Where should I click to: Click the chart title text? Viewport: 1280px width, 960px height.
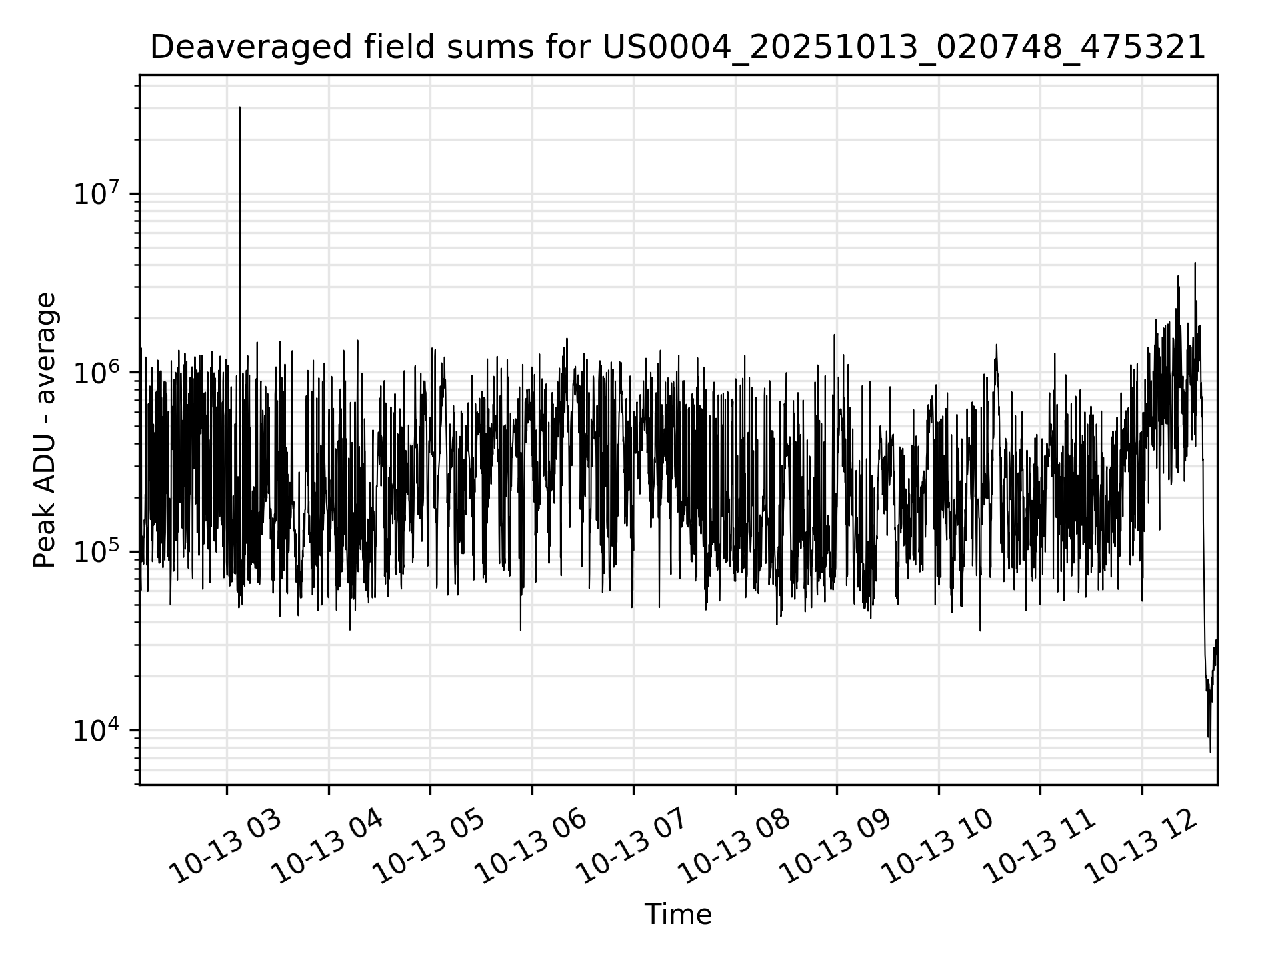[x=678, y=48]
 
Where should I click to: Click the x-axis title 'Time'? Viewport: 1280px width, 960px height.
[x=678, y=914]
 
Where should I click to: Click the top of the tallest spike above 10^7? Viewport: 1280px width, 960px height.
[x=240, y=107]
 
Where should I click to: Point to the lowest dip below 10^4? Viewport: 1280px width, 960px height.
[x=1211, y=751]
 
